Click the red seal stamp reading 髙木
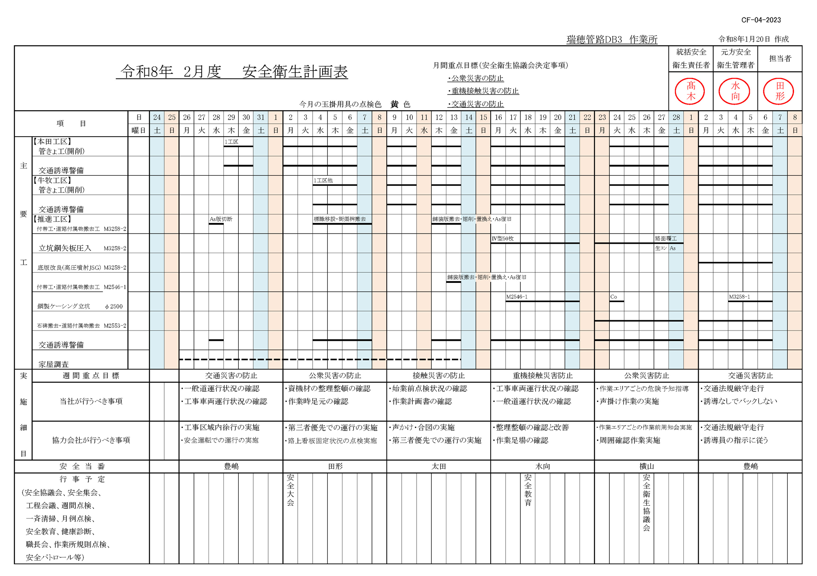tap(690, 91)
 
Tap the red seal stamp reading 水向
tap(735, 91)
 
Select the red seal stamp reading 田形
tap(779, 91)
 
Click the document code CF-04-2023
tap(761, 20)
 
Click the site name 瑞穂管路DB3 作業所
tap(612, 40)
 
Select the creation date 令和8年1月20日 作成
tap(754, 39)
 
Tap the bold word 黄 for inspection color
tap(394, 104)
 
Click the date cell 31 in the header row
tap(261, 117)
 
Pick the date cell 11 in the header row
tap(424, 117)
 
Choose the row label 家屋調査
tap(54, 364)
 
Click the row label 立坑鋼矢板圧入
tap(65, 248)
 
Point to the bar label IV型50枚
tap(503, 239)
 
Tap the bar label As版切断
tap(221, 219)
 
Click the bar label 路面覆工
tap(666, 239)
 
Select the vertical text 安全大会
tap(291, 490)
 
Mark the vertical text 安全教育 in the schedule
tap(528, 490)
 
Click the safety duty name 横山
tap(646, 466)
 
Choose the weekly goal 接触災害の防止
tap(438, 376)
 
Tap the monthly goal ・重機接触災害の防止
tap(483, 91)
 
